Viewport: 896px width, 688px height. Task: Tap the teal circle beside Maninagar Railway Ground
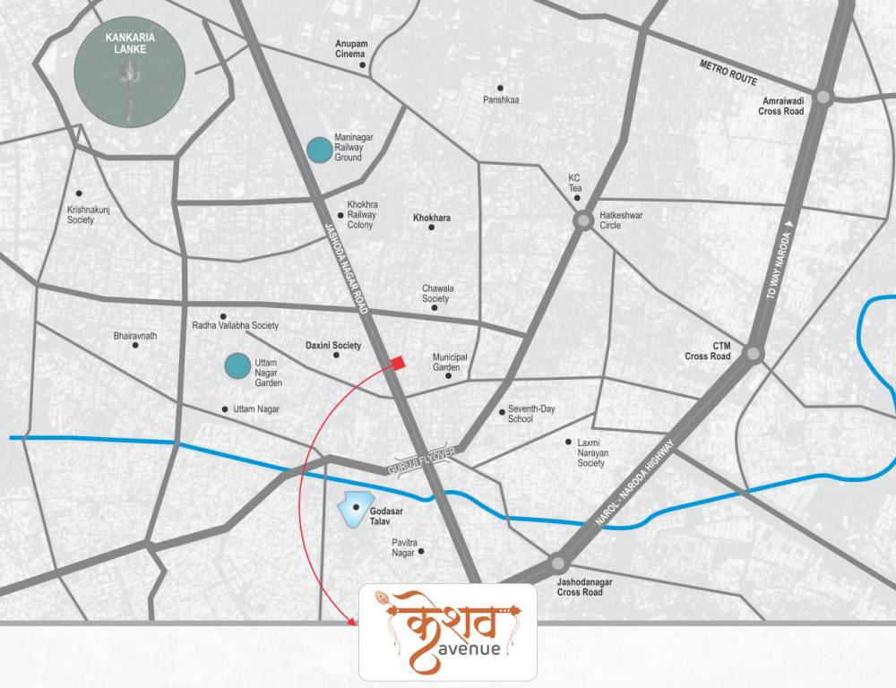pyautogui.click(x=317, y=150)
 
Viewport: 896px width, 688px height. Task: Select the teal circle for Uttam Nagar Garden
pyautogui.click(x=237, y=365)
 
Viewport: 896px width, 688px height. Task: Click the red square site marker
pyautogui.click(x=398, y=362)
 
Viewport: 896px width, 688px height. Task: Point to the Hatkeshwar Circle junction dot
pyautogui.click(x=583, y=219)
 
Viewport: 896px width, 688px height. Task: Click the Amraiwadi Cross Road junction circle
pyautogui.click(x=824, y=96)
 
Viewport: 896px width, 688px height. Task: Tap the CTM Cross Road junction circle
pyautogui.click(x=754, y=354)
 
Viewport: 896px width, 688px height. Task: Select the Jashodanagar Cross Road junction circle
pyautogui.click(x=558, y=563)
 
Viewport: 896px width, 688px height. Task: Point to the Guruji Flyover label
pyautogui.click(x=422, y=462)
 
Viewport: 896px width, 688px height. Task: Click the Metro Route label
pyautogui.click(x=728, y=73)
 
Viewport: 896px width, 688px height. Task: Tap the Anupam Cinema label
pyautogui.click(x=350, y=48)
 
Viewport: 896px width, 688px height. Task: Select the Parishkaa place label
pyautogui.click(x=501, y=99)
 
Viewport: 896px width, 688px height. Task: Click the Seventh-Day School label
pyautogui.click(x=532, y=414)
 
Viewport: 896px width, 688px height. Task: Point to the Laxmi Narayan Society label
pyautogui.click(x=591, y=452)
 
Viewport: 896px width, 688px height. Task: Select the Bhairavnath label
pyautogui.click(x=135, y=336)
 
